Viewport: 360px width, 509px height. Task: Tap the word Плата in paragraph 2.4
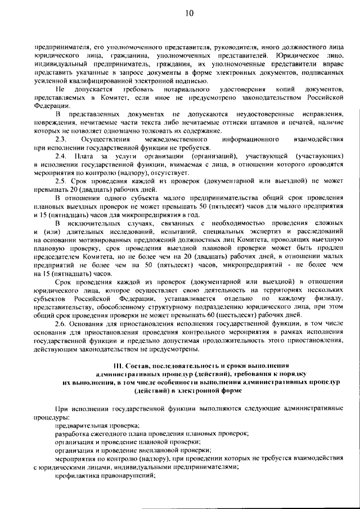(85, 155)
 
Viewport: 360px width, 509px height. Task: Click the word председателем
(58, 256)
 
